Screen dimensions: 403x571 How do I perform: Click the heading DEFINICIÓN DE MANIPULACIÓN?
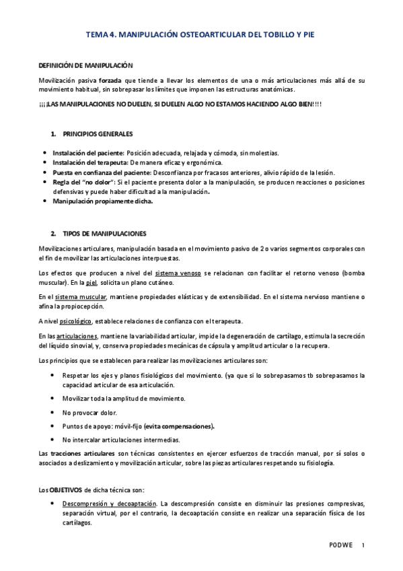pyautogui.click(x=85, y=65)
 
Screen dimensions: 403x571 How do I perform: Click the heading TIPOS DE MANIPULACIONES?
pyautogui.click(x=104, y=234)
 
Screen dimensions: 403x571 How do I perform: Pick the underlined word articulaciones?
pyautogui.click(x=77, y=335)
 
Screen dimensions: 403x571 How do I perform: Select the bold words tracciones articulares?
pyautogui.click(x=82, y=454)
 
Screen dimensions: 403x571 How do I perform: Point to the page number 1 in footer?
pyautogui.click(x=363, y=545)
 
